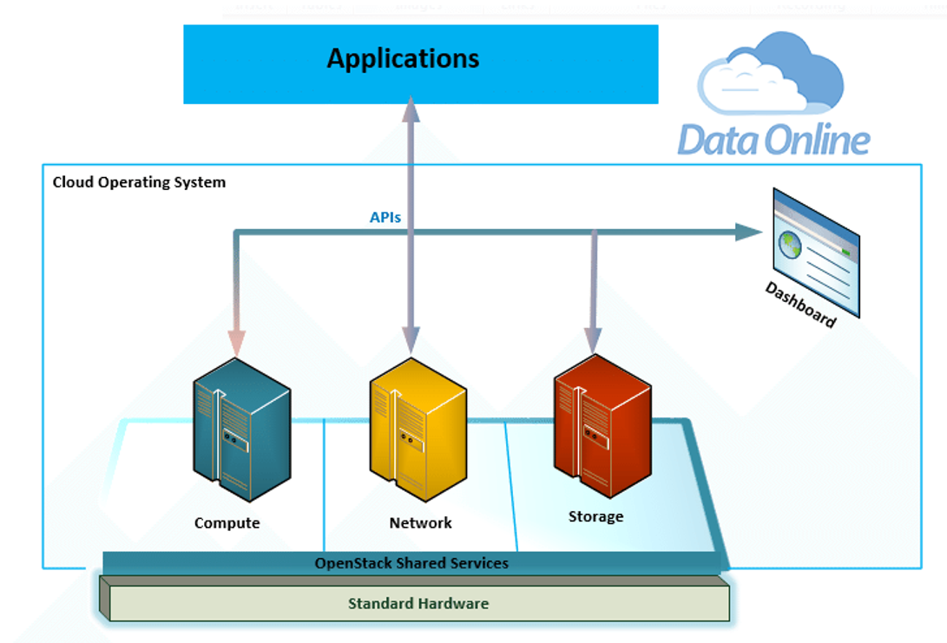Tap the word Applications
(403, 59)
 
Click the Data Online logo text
(773, 140)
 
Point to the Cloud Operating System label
(139, 182)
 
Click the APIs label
(385, 217)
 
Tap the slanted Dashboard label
(800, 305)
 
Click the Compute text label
(227, 522)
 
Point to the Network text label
(420, 522)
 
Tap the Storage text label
(595, 516)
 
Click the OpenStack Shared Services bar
(411, 563)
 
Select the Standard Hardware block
(418, 603)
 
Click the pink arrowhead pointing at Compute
(236, 342)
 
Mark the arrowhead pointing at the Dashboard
(747, 232)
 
